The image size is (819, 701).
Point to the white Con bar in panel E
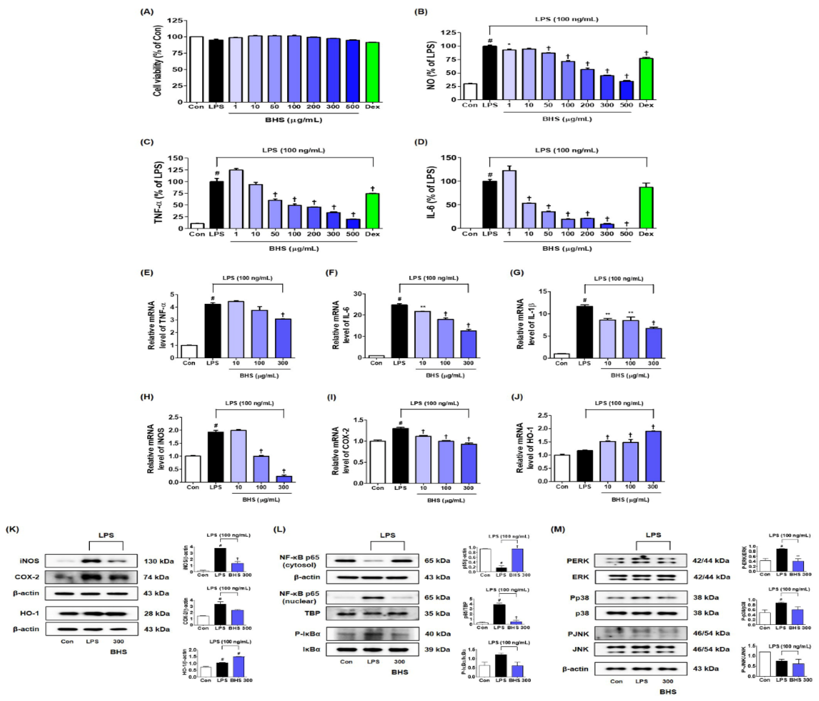[189, 351]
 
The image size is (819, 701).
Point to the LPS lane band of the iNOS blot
[92, 561]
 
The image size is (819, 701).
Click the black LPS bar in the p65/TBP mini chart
[499, 614]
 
